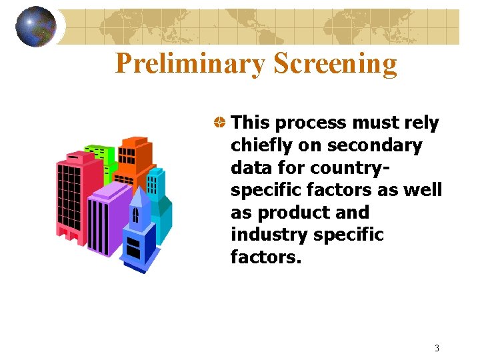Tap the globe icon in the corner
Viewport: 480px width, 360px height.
(35, 27)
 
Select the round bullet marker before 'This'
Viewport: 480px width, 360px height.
(218, 123)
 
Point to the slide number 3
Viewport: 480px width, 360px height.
(437, 347)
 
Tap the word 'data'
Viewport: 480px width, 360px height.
(250, 167)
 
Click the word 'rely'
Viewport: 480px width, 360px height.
(421, 123)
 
